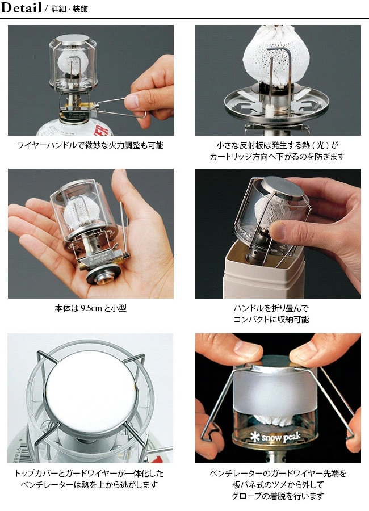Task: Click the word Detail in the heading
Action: coord(22,8)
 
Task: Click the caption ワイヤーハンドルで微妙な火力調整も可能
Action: coord(90,145)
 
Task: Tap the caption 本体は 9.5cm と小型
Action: coord(91,308)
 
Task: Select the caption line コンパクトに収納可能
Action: coord(271,319)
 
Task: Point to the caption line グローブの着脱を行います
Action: coord(278,496)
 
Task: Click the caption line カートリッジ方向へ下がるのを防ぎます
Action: coord(278,157)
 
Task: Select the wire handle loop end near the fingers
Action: coord(144,114)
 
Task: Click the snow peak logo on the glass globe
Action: coord(276,436)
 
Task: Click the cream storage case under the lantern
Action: coord(264,273)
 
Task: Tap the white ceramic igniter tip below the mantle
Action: coord(270,111)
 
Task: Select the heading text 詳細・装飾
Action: coord(69,9)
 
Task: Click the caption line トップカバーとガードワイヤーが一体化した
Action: coord(89,473)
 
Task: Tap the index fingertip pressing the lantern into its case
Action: coord(278,230)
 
